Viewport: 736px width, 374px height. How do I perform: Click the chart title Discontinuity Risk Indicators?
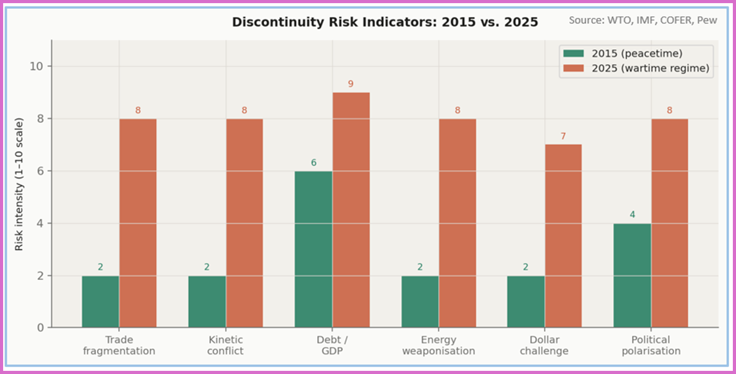[x=385, y=23]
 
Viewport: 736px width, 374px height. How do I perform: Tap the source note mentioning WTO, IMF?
[x=643, y=20]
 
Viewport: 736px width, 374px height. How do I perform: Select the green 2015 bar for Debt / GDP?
[x=313, y=249]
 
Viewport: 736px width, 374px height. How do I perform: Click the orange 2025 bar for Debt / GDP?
[x=351, y=210]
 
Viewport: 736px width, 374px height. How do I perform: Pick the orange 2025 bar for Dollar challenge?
[x=564, y=236]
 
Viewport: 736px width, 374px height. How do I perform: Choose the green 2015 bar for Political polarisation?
[x=632, y=275]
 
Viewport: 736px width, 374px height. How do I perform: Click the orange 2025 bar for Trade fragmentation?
[x=138, y=223]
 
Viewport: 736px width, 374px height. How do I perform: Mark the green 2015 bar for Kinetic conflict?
[x=207, y=302]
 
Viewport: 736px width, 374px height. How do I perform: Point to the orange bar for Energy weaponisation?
[x=457, y=223]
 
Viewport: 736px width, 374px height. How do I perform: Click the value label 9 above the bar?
[x=351, y=84]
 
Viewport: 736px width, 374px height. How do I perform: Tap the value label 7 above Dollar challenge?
[x=564, y=136]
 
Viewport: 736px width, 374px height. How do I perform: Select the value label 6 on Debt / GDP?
[x=313, y=163]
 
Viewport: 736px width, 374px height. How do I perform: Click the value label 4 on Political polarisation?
[x=632, y=215]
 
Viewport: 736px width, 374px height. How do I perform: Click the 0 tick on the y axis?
[x=41, y=328]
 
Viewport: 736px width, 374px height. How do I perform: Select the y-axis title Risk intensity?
[x=19, y=185]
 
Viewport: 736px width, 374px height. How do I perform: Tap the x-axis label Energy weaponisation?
[x=438, y=346]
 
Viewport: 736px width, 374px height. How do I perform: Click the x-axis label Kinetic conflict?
[x=225, y=346]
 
